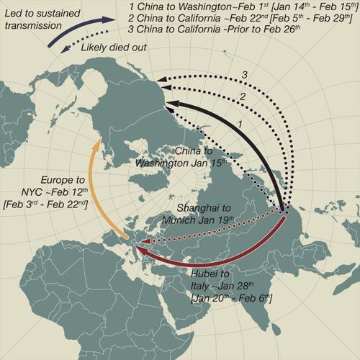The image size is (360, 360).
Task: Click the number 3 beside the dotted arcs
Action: [244, 74]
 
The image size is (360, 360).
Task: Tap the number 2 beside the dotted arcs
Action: [242, 96]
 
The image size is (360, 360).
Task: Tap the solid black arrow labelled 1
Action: [238, 137]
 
